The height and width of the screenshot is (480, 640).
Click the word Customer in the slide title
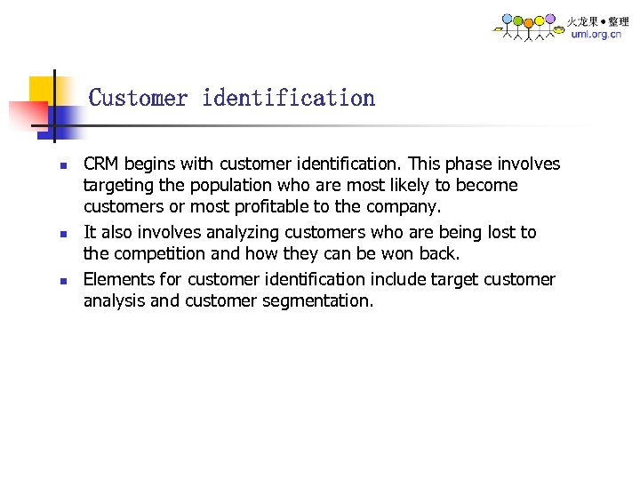[x=138, y=98]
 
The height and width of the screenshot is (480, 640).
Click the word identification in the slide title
[x=288, y=98]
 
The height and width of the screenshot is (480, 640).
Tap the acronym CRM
[x=101, y=164]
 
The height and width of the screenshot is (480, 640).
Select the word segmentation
[x=317, y=301]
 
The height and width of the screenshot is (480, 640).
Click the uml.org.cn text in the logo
[x=596, y=35]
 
